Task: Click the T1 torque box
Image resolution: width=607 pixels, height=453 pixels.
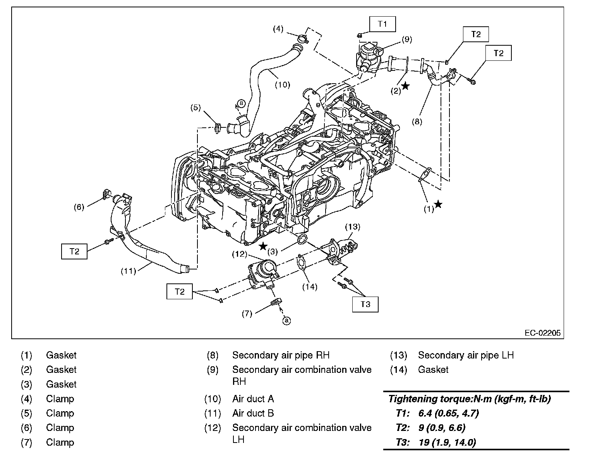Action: (382, 24)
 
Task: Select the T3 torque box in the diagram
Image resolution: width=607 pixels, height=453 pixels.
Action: (365, 304)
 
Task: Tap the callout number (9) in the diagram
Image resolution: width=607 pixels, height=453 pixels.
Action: (407, 39)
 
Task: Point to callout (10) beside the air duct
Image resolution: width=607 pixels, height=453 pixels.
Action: (282, 85)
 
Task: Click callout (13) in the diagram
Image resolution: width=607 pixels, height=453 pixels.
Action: (353, 227)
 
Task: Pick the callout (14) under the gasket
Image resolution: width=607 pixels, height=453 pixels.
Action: (310, 287)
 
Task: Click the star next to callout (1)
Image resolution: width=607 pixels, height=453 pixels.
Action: (438, 204)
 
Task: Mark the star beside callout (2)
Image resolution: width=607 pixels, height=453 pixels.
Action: (405, 86)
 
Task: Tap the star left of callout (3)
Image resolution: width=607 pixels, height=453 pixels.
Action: (263, 246)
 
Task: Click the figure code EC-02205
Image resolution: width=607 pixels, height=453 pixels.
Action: (543, 333)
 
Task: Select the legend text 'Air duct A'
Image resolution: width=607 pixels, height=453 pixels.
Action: (253, 399)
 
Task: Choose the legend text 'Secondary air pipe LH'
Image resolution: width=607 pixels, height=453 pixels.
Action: (466, 355)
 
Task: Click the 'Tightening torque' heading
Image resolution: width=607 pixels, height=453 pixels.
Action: (470, 399)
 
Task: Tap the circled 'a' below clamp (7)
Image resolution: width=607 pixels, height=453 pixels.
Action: (286, 321)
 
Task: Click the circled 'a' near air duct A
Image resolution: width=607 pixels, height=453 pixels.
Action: (242, 103)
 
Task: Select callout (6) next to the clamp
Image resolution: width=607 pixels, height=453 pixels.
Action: (79, 207)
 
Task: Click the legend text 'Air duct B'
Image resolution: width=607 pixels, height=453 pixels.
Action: (253, 413)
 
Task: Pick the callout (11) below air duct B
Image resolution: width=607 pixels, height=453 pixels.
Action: (129, 271)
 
